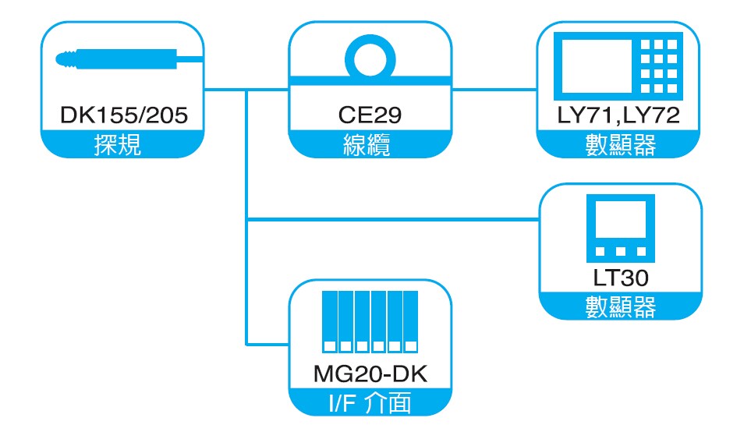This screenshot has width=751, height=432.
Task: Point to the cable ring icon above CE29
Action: pos(370,58)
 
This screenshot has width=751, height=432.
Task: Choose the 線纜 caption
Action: pos(370,145)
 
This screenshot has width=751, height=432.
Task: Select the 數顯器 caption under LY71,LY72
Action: pos(620,145)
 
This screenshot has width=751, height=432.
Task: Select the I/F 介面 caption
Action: pos(370,403)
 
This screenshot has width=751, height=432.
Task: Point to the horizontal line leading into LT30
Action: pos(390,221)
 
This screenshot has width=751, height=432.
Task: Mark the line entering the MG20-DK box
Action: pos(267,343)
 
